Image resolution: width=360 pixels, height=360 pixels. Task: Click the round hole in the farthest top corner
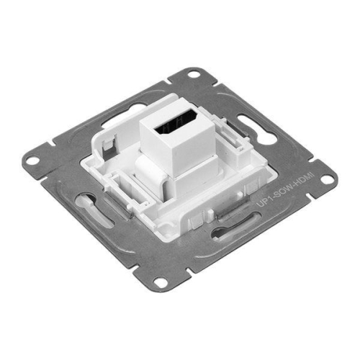click(x=194, y=75)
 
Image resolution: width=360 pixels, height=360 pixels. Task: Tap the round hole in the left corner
click(x=32, y=161)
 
